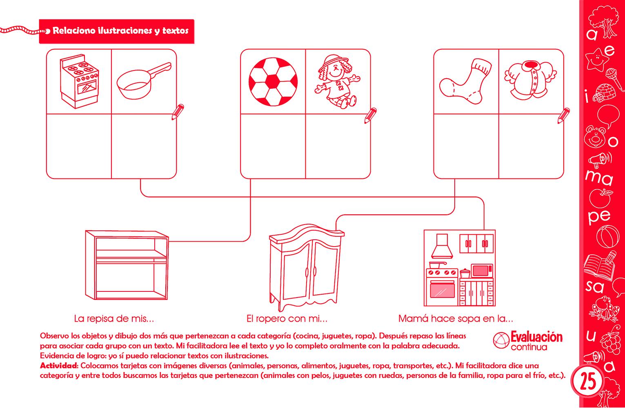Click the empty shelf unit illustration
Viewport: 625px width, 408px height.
click(x=126, y=265)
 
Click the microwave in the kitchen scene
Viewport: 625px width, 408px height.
click(x=482, y=271)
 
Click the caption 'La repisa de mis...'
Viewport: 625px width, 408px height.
click(x=114, y=318)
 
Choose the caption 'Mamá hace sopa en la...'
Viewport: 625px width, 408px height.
click(x=455, y=318)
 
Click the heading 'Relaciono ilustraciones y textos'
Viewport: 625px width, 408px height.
click(x=120, y=31)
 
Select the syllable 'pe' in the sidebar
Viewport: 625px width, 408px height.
click(x=599, y=216)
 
